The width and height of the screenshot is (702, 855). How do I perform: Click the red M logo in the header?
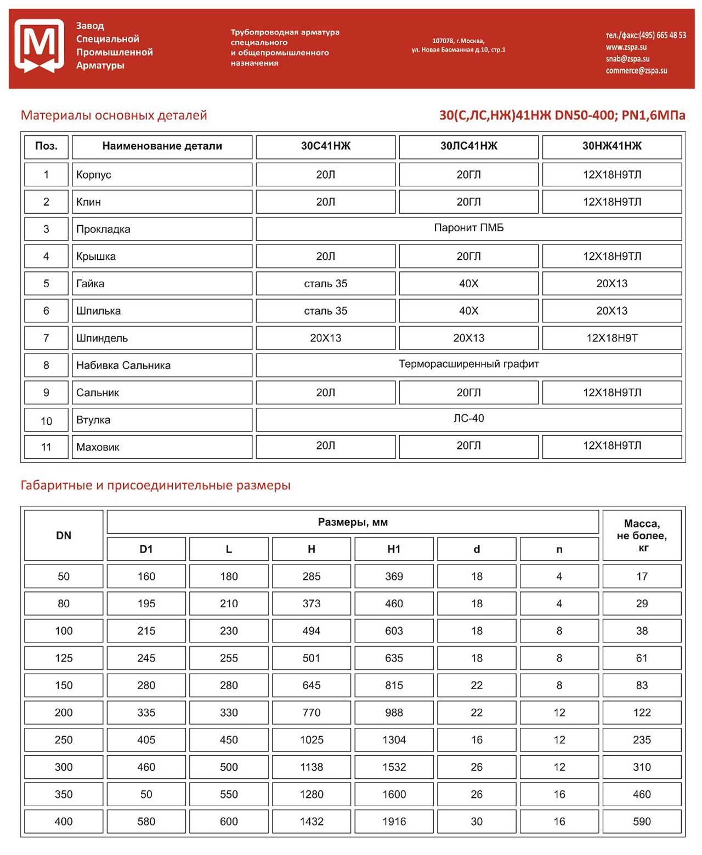[39, 46]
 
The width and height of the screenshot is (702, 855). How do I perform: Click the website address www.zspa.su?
[626, 47]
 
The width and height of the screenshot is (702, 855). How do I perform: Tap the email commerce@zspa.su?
[636, 71]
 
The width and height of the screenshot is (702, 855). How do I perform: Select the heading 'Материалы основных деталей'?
[114, 116]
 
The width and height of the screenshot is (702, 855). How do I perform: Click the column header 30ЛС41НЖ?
[468, 146]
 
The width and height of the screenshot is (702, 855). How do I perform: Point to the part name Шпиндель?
[102, 338]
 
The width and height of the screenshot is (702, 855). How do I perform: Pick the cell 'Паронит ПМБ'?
[468, 228]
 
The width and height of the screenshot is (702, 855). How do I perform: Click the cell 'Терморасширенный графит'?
[468, 364]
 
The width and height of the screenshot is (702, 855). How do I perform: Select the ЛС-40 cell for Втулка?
[468, 419]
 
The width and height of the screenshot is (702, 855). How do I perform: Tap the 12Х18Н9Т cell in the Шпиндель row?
[612, 338]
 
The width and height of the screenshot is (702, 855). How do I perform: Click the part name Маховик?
[98, 447]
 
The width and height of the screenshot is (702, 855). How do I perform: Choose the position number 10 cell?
[46, 421]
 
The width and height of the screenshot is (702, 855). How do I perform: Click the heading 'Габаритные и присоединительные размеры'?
[155, 486]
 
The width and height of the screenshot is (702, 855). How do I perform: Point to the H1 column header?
[394, 549]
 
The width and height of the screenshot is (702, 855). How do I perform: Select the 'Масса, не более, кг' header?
[642, 535]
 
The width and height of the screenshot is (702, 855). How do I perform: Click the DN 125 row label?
[64, 658]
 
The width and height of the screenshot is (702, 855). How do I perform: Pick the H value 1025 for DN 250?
[312, 740]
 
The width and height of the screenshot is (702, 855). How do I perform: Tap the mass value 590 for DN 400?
[642, 822]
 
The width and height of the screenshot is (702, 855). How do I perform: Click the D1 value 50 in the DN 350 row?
[146, 794]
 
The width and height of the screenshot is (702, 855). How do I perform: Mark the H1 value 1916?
[394, 822]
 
